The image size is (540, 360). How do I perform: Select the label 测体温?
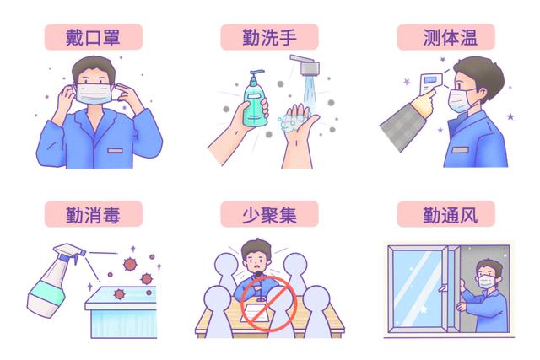tap(446, 37)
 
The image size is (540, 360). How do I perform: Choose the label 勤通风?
tap(446, 214)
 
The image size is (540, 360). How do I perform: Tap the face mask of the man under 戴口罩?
tap(94, 94)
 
